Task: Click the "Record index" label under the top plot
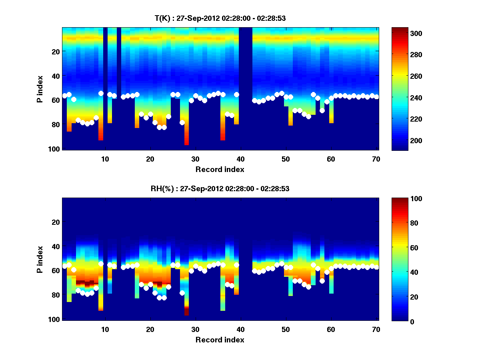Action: pos(220,169)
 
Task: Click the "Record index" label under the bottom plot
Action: pos(220,340)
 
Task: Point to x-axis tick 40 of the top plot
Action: pos(240,158)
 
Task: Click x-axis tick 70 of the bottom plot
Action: pos(376,329)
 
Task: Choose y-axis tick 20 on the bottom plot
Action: pos(56,222)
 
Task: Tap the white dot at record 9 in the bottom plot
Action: pos(101,264)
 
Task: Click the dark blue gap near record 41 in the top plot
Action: pos(246,80)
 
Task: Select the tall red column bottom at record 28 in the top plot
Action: pos(187,142)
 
